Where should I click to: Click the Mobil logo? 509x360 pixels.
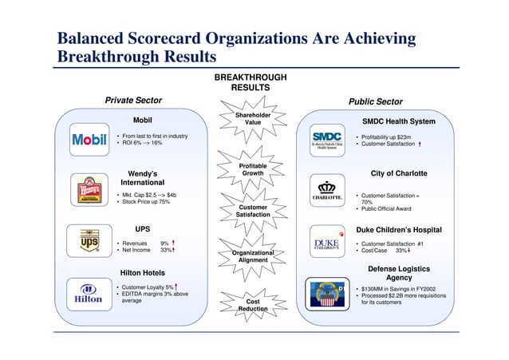[x=89, y=140]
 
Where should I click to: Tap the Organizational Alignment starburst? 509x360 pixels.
[x=253, y=255]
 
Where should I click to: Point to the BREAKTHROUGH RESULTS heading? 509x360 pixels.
[x=250, y=82]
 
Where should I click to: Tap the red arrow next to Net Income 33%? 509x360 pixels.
[x=173, y=250]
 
